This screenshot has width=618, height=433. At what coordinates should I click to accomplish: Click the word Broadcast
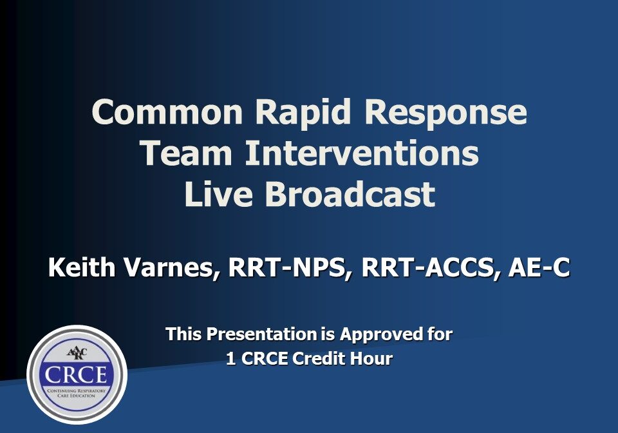click(x=352, y=195)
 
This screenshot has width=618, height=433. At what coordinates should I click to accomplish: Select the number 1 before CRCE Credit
click(x=230, y=359)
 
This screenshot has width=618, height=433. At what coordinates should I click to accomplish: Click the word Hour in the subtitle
click(x=371, y=359)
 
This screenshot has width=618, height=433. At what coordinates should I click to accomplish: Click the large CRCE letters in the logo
click(x=76, y=375)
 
